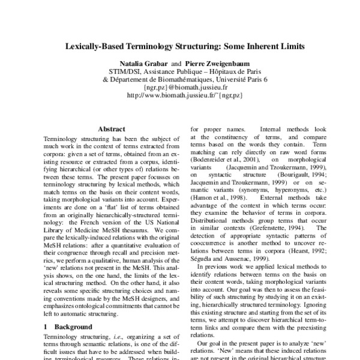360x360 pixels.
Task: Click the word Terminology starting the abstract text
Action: [63, 138]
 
